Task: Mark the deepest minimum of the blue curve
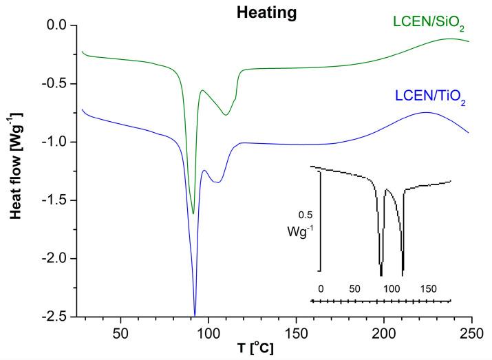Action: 195,315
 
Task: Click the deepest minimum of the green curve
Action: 193,213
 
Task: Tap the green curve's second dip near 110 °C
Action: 226,115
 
